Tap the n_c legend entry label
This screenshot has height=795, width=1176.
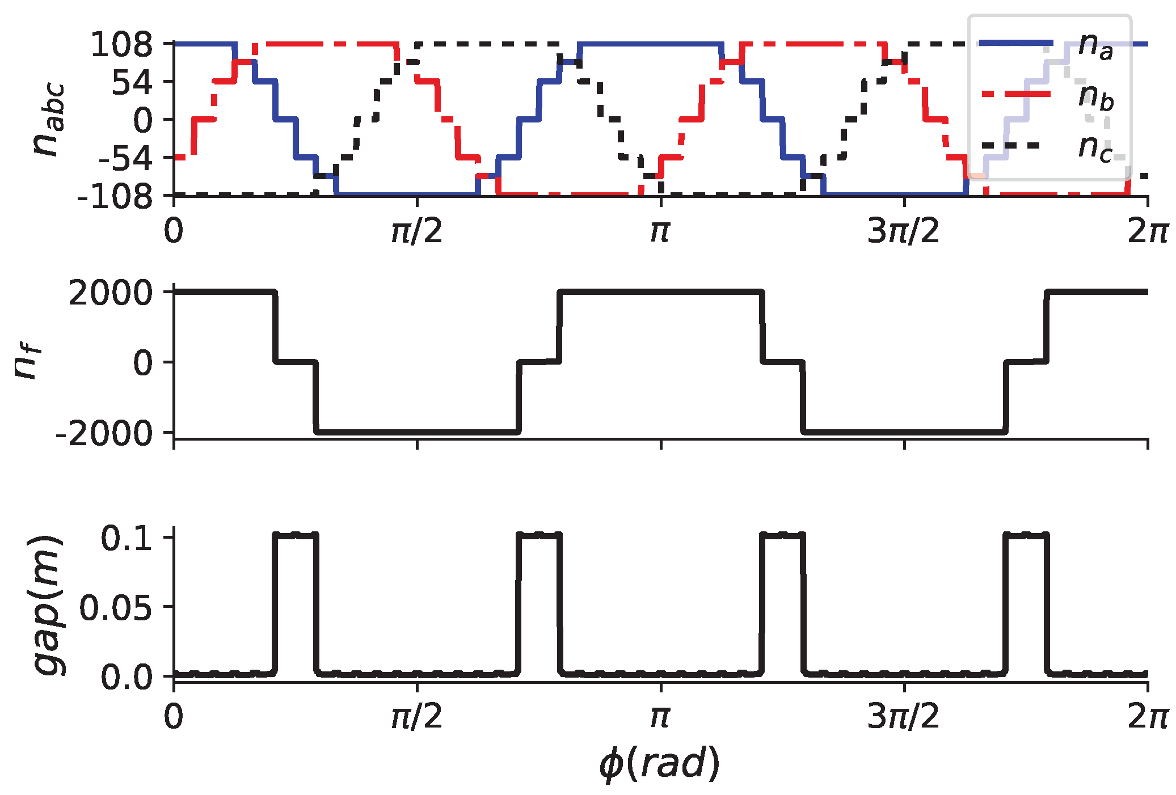(x=1095, y=147)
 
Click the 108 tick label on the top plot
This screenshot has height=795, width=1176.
(x=121, y=45)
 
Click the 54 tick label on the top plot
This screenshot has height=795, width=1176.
(x=132, y=83)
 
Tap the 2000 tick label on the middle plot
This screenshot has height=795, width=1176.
(x=111, y=294)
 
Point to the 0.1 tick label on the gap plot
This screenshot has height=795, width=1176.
(x=127, y=539)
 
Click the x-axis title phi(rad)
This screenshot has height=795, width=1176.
(x=660, y=764)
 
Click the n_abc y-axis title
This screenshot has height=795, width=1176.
(x=48, y=120)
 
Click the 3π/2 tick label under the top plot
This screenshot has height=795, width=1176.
(x=903, y=231)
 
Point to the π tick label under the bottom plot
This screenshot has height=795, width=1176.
(x=660, y=718)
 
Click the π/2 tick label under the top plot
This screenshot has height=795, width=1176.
(x=417, y=231)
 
